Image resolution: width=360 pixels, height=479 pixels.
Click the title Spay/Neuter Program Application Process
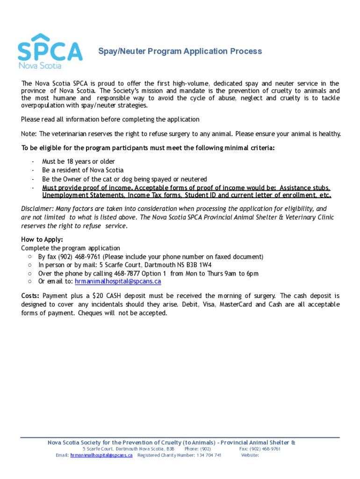pyautogui.click(x=180, y=51)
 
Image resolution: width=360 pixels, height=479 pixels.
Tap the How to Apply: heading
pyautogui.click(x=42, y=239)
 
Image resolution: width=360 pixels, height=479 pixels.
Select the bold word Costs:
pyautogui.click(x=30, y=296)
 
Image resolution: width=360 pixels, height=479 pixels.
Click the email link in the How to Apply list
pyautogui.click(x=118, y=282)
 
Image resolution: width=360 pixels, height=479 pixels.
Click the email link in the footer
pyautogui.click(x=101, y=455)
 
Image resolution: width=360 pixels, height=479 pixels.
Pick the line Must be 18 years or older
pyautogui.click(x=79, y=162)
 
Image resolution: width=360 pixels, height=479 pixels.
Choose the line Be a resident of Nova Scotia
pyautogui.click(x=83, y=170)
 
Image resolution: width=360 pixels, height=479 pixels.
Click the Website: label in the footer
pyautogui.click(x=250, y=455)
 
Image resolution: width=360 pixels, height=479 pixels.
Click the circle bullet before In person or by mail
pyautogui.click(x=29, y=265)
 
